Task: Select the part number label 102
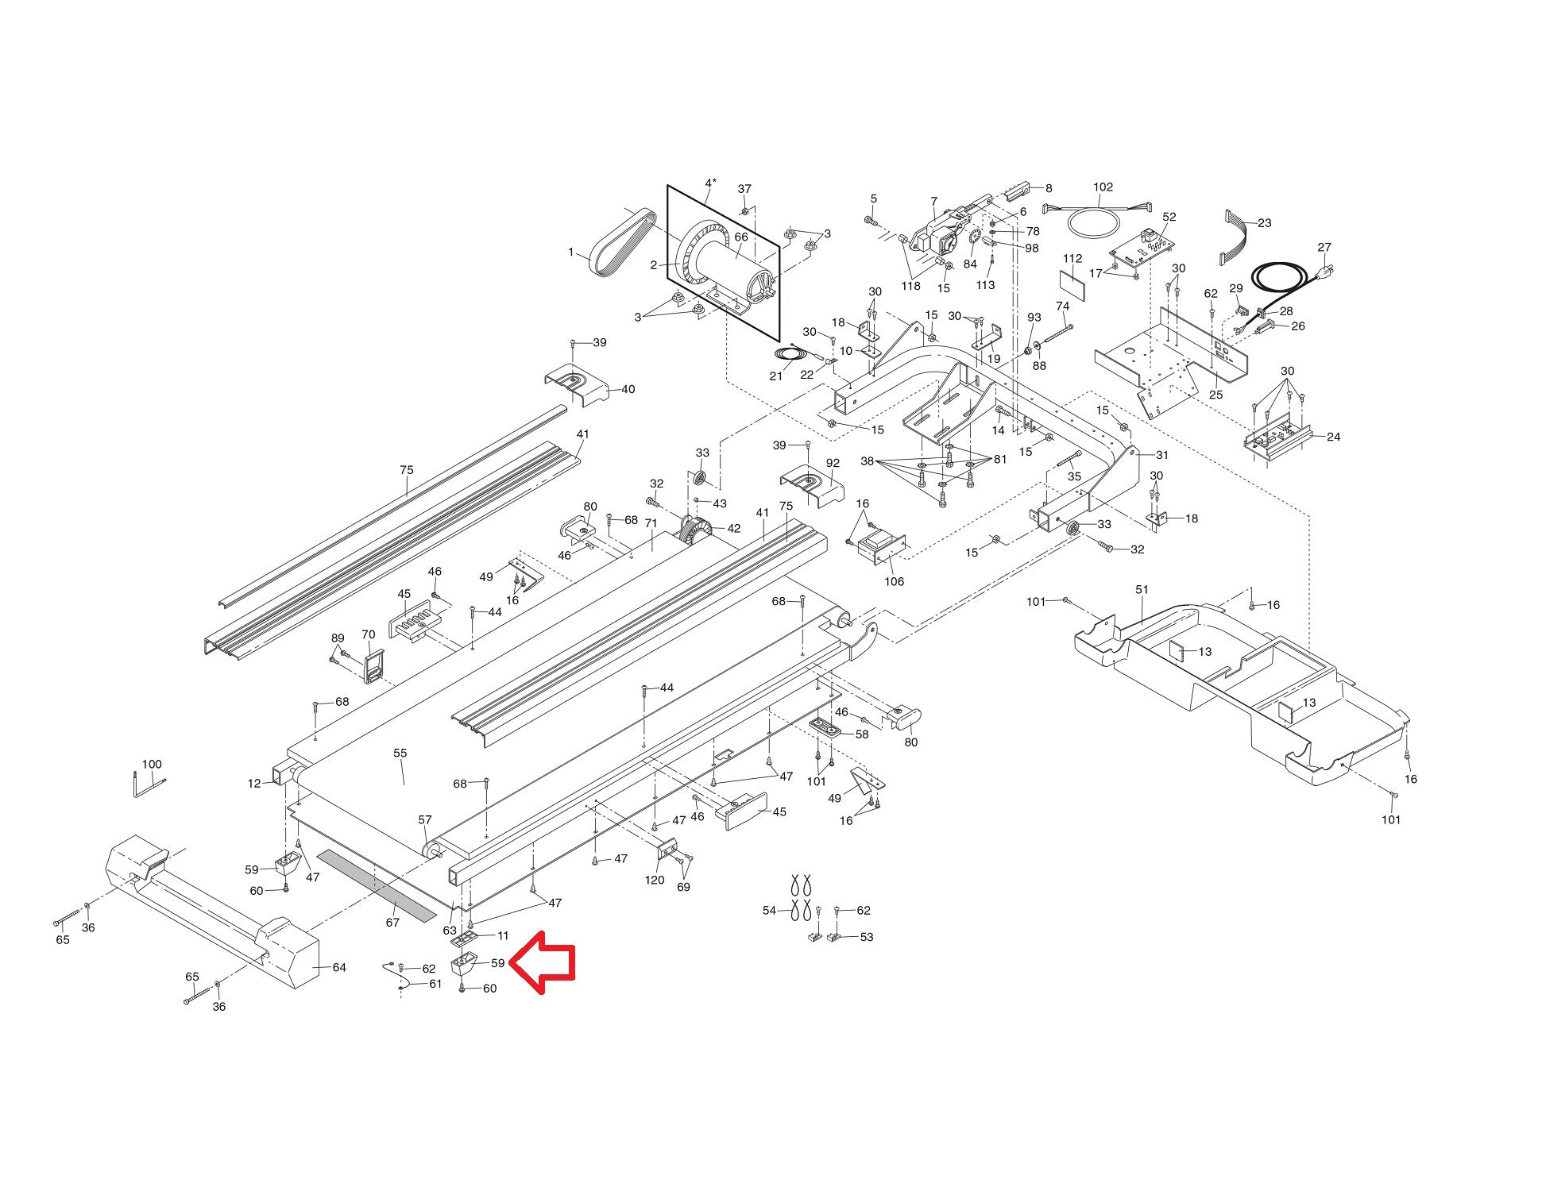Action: coord(1103,187)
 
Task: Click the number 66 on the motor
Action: coord(740,237)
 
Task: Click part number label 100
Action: coord(151,765)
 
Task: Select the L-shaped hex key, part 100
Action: coord(146,786)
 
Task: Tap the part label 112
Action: coord(1072,259)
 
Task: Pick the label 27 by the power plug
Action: coord(1324,248)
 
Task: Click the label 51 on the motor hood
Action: coord(1142,590)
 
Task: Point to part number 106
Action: coord(894,581)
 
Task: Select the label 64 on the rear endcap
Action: coord(338,967)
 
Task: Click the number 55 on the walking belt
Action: coord(400,753)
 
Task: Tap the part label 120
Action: coord(654,880)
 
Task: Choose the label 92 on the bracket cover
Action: coord(832,463)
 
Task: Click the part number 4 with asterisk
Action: coord(710,183)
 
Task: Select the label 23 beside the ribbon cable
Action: coord(1264,223)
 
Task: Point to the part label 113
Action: coord(985,285)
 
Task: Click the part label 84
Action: coord(969,264)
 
